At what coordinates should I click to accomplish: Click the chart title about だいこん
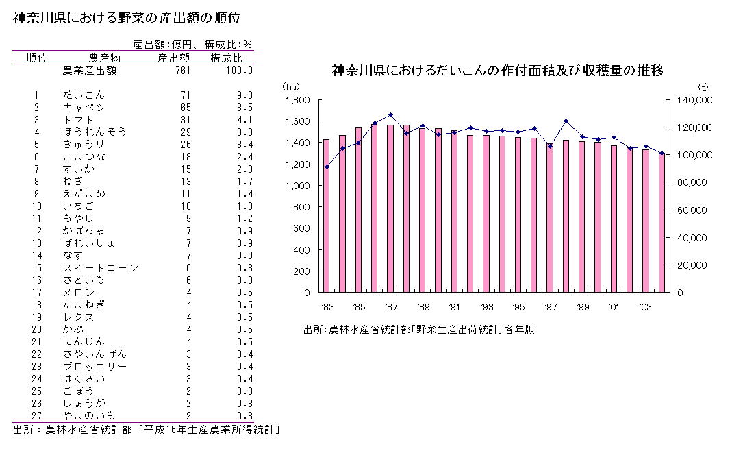[x=497, y=71]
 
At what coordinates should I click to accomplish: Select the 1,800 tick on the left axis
[x=298, y=100]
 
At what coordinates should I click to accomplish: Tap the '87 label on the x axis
[x=391, y=307]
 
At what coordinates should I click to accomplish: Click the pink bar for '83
[x=326, y=216]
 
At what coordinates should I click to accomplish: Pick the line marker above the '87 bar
[x=390, y=115]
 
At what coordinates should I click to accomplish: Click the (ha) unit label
[x=291, y=86]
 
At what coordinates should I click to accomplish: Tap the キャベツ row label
[x=84, y=107]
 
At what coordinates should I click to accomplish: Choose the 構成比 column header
[x=226, y=58]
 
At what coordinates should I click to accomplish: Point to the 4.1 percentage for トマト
[x=244, y=119]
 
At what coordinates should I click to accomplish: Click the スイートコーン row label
[x=100, y=267]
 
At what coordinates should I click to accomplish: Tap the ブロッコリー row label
[x=95, y=366]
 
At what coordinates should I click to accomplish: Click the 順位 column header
[x=36, y=58]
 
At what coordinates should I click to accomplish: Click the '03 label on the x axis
[x=646, y=307]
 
